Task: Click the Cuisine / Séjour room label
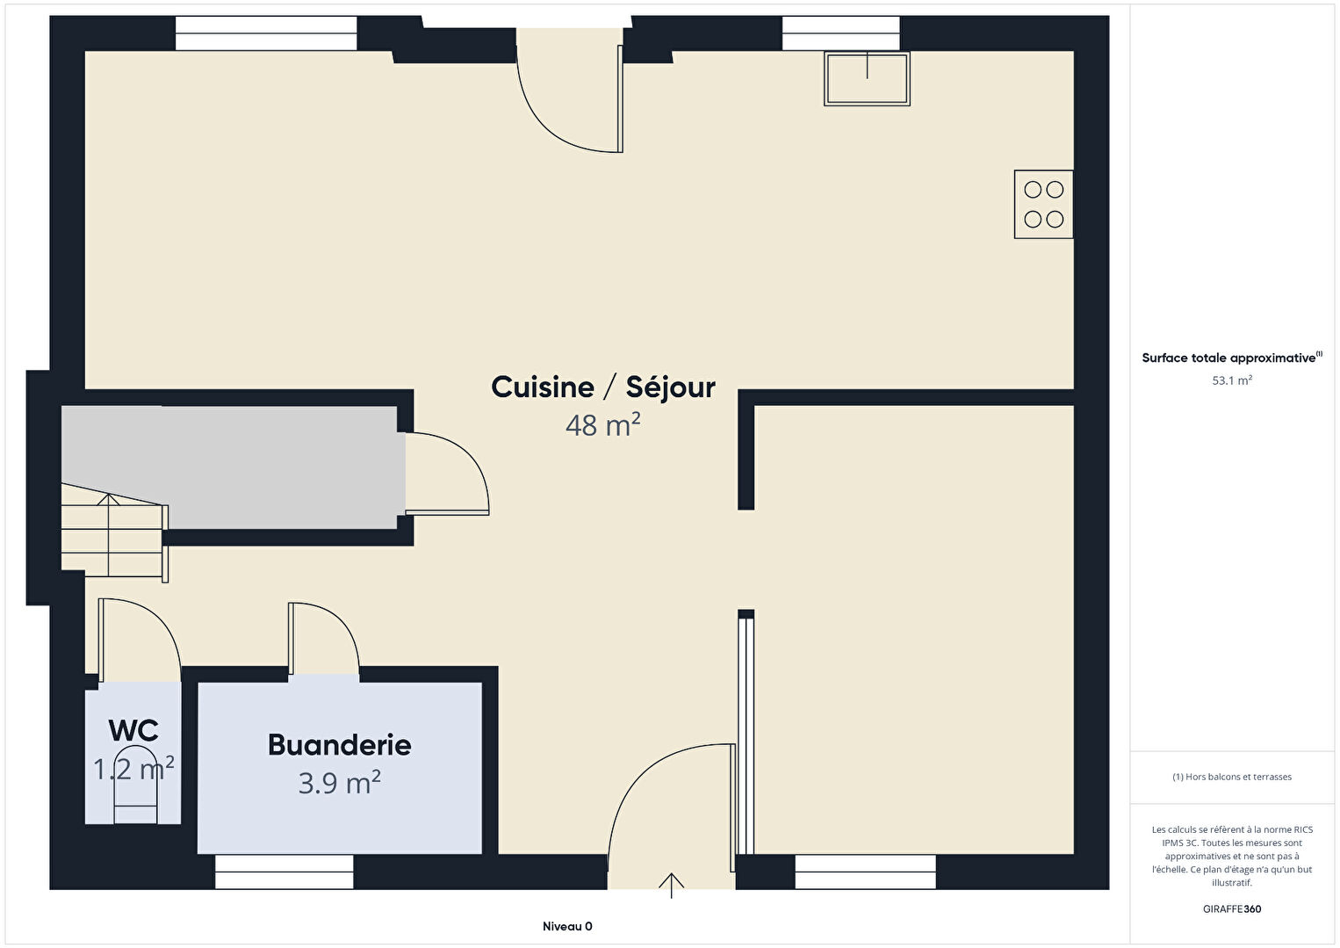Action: [x=603, y=387]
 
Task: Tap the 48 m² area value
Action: [x=603, y=425]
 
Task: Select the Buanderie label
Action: [x=339, y=745]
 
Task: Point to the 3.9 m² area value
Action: [x=339, y=783]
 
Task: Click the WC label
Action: [x=133, y=730]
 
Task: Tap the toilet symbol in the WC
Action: [x=136, y=785]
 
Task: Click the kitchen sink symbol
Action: [x=867, y=78]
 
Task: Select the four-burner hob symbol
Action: [x=1043, y=204]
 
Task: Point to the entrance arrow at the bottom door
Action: [x=671, y=886]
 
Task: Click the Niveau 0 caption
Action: [x=567, y=926]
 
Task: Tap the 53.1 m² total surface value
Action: [x=1232, y=380]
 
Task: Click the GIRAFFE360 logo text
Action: [x=1232, y=908]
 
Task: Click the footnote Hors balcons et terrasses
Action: [x=1232, y=777]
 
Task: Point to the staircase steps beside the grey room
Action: [x=112, y=531]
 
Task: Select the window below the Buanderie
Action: [x=285, y=872]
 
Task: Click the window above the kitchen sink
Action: [x=841, y=33]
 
